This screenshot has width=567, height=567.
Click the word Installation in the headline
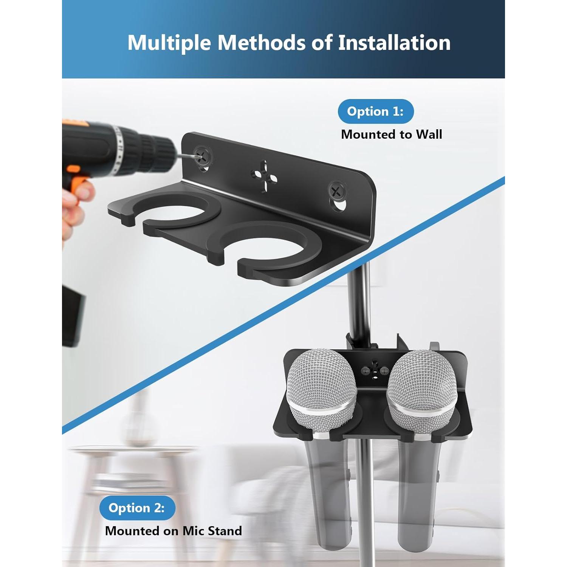(x=394, y=42)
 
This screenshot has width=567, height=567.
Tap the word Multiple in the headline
(x=169, y=43)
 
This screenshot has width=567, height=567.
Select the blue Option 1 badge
(x=375, y=111)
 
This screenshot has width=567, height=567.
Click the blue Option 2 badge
(x=137, y=508)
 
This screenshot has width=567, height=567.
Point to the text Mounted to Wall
(x=391, y=135)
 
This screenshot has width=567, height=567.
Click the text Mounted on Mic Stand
(x=173, y=531)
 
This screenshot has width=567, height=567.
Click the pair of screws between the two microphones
(x=374, y=370)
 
